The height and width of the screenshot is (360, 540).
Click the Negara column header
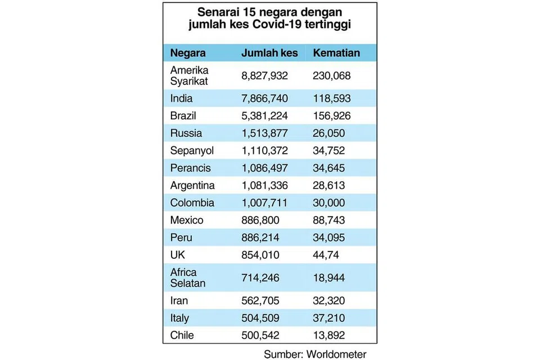coord(188,53)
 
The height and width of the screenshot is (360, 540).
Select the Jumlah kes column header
coord(269,53)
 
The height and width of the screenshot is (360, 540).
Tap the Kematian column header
coord(336,53)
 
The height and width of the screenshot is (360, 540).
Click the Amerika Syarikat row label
coord(190,76)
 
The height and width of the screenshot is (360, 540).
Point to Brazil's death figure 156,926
coord(332,116)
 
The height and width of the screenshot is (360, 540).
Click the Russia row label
coord(186,133)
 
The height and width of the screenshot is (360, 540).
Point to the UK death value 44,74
coord(326,255)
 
